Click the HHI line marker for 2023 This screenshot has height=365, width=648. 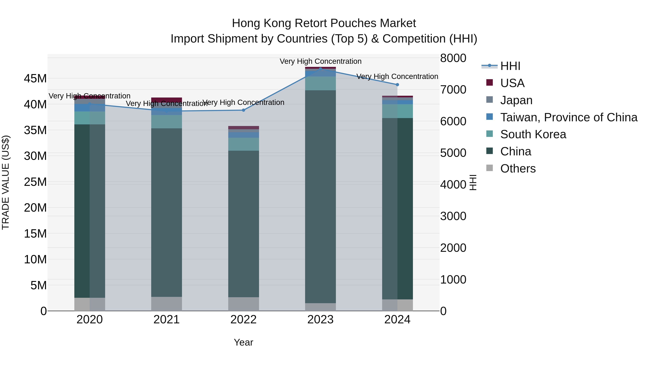[320, 69]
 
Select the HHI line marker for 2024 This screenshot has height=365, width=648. [397, 85]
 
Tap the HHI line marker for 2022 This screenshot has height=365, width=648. [243, 110]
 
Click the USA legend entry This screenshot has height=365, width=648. [512, 83]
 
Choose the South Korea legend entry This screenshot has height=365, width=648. [533, 134]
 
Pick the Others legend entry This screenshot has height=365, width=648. [518, 169]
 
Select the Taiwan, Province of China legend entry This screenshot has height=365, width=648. [568, 117]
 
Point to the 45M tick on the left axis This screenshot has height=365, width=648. [35, 79]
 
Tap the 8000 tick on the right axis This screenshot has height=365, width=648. [453, 58]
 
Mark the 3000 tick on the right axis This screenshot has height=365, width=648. [453, 216]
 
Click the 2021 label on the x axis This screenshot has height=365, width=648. [166, 320]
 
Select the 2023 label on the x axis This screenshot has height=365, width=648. [320, 320]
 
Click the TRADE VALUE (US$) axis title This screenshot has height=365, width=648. [6, 182]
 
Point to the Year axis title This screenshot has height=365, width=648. [243, 342]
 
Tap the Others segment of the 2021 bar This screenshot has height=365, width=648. [166, 304]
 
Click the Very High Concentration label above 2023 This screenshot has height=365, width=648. [320, 61]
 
